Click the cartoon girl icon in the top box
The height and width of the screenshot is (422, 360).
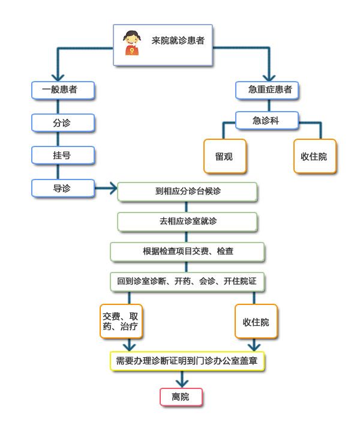point(132,43)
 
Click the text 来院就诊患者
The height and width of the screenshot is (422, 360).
point(178,41)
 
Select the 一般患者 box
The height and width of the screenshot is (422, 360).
point(63,90)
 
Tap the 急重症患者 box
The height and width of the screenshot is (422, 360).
point(267,90)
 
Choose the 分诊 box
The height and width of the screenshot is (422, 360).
point(63,122)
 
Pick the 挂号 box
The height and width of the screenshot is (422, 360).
point(63,155)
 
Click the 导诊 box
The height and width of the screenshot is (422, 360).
point(63,188)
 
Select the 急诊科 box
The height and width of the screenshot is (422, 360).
point(267,121)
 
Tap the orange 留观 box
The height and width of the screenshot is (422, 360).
point(225,156)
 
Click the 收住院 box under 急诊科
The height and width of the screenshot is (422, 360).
point(315,156)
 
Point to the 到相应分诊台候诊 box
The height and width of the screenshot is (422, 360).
point(187,191)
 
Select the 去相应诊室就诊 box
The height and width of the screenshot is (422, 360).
point(187,222)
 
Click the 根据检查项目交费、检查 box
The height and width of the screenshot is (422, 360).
point(187,252)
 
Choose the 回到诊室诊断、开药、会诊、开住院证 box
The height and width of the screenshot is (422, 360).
point(187,282)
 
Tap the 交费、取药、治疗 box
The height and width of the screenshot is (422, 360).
point(121,321)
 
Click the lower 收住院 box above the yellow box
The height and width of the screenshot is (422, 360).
point(256,321)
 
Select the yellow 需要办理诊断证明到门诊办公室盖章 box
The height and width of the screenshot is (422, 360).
point(187,361)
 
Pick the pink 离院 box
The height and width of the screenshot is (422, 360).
point(181,397)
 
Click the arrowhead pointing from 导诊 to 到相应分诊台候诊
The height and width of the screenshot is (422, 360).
point(113,188)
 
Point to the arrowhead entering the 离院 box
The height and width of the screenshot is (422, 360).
point(182,384)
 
